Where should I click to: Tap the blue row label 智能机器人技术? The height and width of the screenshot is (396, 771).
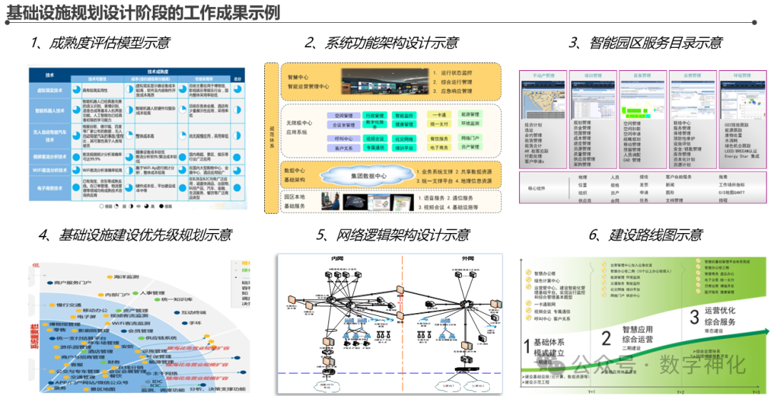click(x=49, y=111)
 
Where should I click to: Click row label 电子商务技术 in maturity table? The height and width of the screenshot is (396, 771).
click(x=49, y=189)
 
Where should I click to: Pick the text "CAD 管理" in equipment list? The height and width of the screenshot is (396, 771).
click(x=633, y=159)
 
